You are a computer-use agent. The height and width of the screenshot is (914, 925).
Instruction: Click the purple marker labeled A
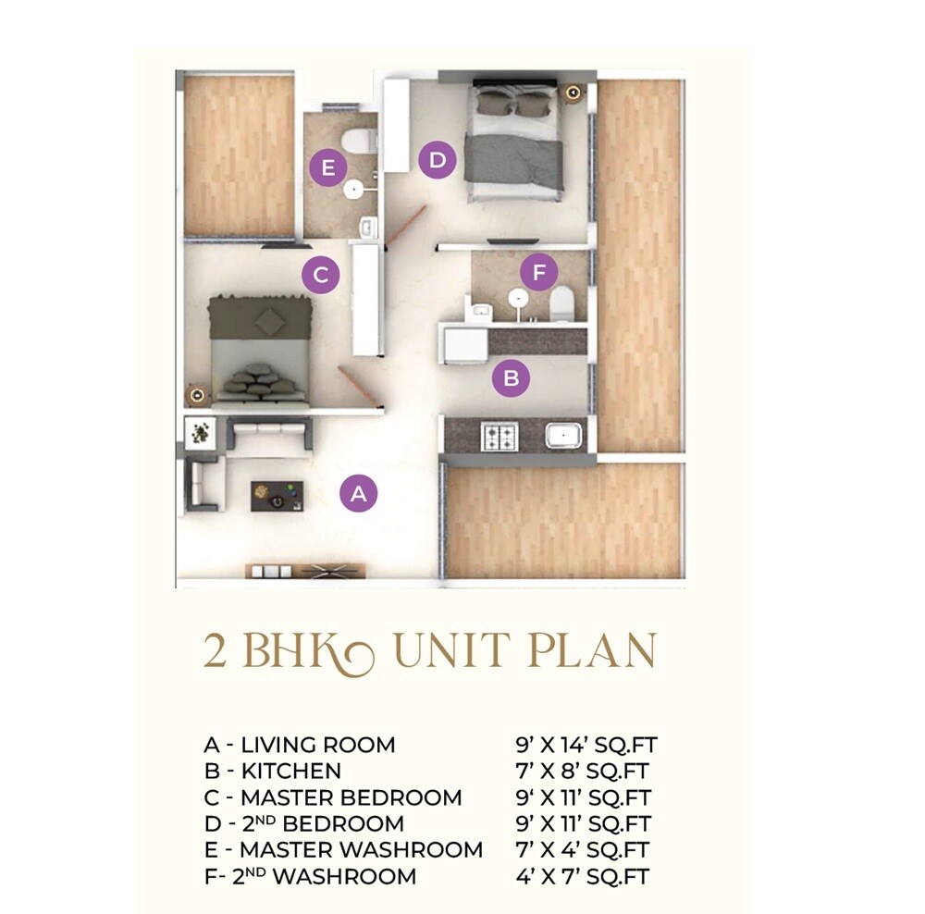point(360,493)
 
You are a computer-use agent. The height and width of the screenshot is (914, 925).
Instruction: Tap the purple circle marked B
point(511,377)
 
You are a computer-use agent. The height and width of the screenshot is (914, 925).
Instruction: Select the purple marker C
point(321,275)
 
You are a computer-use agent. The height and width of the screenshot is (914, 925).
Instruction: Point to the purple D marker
point(438,161)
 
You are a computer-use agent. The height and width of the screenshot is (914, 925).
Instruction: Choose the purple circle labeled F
point(539,273)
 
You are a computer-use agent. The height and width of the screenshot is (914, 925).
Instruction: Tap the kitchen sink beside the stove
point(562,435)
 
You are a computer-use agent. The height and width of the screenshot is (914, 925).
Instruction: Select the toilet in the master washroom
point(357,141)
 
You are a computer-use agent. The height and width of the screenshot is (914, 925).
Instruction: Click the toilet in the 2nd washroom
point(561,304)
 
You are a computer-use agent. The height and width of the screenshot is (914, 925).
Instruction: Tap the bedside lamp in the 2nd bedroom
point(573,93)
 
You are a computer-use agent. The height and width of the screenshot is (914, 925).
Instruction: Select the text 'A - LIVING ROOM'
point(299,745)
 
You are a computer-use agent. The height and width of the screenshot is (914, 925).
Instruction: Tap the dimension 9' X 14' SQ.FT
point(587,745)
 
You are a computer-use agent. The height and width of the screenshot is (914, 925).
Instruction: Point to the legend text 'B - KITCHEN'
point(272,771)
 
